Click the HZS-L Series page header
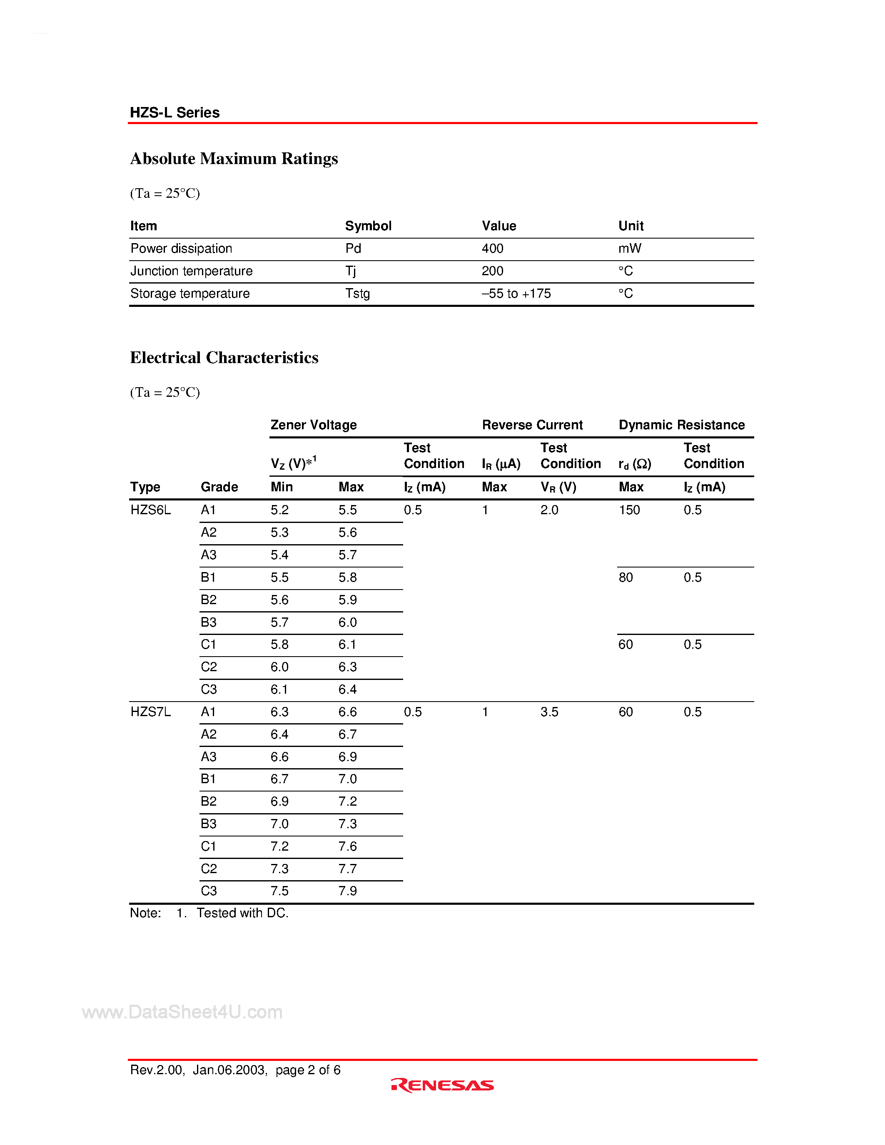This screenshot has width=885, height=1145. click(175, 113)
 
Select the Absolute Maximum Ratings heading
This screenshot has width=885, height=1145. click(234, 158)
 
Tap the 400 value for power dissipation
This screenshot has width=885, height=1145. click(492, 249)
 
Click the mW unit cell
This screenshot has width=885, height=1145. click(630, 249)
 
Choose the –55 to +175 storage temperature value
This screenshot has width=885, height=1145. click(516, 294)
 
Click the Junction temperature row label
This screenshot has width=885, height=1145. click(191, 271)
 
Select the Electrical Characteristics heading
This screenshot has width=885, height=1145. click(224, 358)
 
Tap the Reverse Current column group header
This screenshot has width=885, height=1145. click(532, 425)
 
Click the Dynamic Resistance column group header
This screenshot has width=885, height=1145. click(682, 425)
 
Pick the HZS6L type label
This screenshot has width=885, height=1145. click(150, 510)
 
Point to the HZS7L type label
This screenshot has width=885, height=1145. click(150, 712)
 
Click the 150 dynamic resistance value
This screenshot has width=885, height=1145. click(629, 510)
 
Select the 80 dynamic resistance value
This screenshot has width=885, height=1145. click(626, 577)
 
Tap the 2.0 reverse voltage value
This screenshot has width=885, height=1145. click(549, 510)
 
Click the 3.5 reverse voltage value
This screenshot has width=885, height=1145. click(549, 712)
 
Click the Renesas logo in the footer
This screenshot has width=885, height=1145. click(442, 1085)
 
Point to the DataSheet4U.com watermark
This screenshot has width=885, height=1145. click(182, 1012)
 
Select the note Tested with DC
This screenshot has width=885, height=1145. click(242, 913)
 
